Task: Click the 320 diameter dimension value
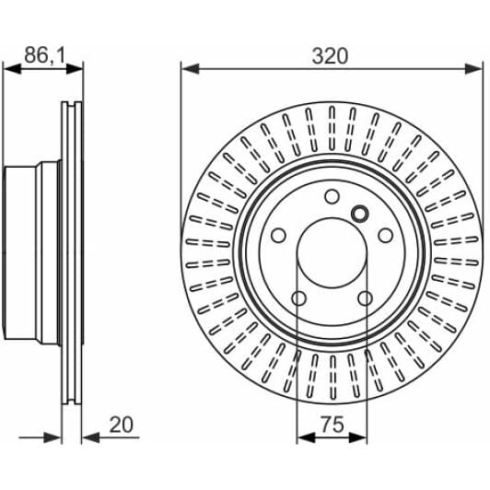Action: point(330,56)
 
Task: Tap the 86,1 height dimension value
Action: point(45,55)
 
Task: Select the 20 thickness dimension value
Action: point(122,425)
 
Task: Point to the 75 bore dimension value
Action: point(332,425)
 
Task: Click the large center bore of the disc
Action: point(332,252)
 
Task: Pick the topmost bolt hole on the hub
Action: point(332,196)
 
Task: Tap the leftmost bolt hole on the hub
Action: point(278,235)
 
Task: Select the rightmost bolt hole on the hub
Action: point(385,235)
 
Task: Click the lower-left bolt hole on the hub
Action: point(298,298)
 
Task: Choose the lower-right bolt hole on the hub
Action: point(365,298)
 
